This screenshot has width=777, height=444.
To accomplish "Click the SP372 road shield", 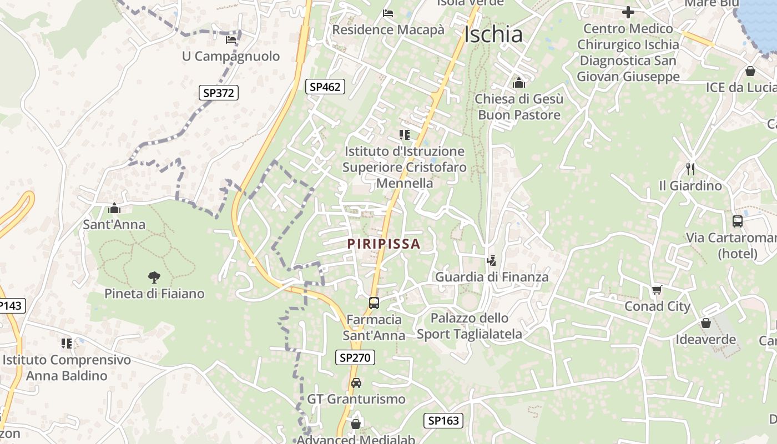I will [x=219, y=93].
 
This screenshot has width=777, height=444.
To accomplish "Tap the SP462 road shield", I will [x=325, y=86].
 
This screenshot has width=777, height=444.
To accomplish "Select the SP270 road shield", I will [x=355, y=357].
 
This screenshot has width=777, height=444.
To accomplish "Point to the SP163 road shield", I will [x=444, y=420].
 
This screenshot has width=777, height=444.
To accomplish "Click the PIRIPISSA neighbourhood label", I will [x=384, y=244].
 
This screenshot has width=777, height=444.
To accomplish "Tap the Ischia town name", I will [x=493, y=34].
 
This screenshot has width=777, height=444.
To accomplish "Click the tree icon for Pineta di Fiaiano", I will [x=154, y=277].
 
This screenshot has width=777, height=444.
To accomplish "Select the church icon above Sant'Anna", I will [x=114, y=208].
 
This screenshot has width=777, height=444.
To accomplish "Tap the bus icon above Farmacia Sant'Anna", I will [x=374, y=303].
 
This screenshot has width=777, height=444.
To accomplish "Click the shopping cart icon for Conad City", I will [x=657, y=290].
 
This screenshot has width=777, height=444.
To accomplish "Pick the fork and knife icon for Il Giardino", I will [x=690, y=169].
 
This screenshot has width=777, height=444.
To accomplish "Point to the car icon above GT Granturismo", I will [x=356, y=383].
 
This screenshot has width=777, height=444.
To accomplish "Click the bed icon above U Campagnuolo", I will [x=231, y=39].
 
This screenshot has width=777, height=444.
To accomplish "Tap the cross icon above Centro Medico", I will [x=628, y=12].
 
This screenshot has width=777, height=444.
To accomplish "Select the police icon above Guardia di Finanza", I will [x=491, y=260].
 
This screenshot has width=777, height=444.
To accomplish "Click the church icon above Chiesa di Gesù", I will [x=519, y=82].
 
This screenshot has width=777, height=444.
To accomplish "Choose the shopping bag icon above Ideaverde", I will [x=706, y=322].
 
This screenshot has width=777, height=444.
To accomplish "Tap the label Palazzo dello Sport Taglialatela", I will [x=470, y=326].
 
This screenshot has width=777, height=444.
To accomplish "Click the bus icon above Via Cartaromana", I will [x=738, y=221].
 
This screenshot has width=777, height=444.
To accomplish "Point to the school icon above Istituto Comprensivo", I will [x=67, y=343].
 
